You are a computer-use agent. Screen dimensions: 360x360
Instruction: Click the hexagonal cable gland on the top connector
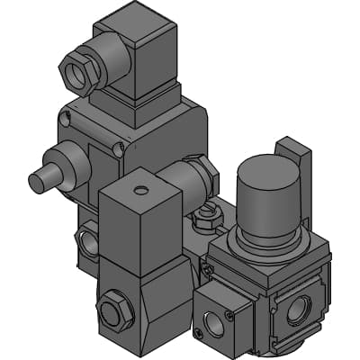point(80,69)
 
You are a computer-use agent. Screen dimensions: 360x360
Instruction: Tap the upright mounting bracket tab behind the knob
point(295,162)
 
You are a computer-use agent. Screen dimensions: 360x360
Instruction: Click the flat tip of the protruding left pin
point(37,182)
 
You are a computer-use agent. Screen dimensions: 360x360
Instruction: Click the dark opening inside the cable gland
point(75,72)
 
